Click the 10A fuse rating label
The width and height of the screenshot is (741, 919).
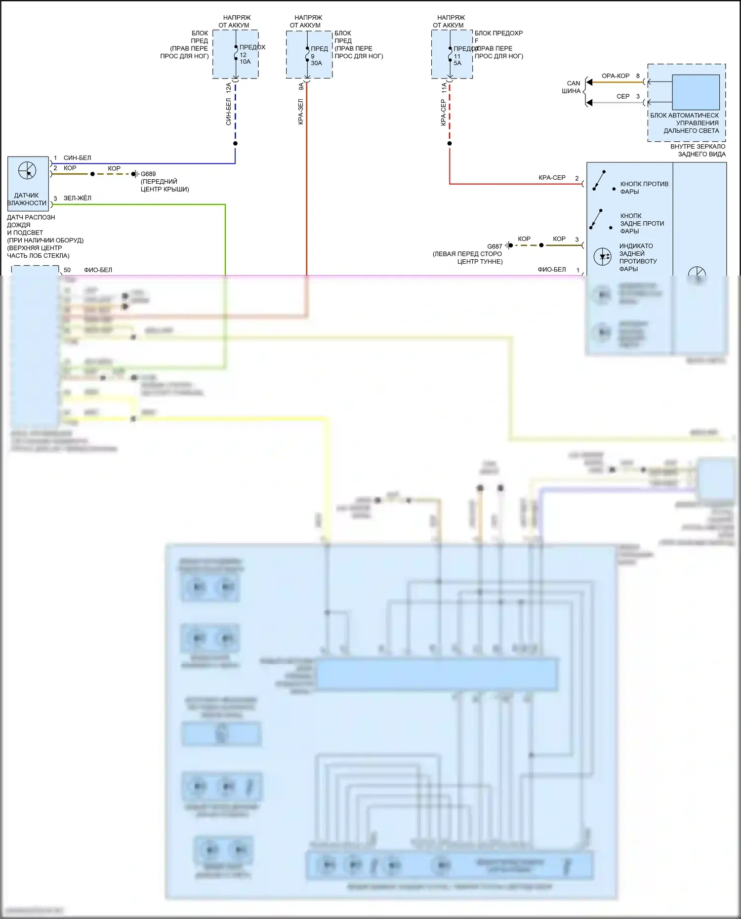(x=245, y=62)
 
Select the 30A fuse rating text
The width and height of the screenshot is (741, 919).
(x=316, y=63)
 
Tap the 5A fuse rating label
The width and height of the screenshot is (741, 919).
(x=457, y=63)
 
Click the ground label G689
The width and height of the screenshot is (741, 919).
(x=148, y=174)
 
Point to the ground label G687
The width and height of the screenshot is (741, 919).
(x=494, y=246)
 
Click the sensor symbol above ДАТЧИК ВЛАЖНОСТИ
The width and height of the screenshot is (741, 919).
(x=27, y=171)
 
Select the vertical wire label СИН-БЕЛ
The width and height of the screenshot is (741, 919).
(x=228, y=112)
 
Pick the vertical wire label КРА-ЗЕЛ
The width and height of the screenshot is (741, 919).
(x=300, y=112)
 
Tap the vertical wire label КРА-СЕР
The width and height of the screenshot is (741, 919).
(x=443, y=113)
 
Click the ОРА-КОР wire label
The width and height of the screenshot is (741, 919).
(x=615, y=76)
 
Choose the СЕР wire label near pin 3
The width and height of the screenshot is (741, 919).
(x=623, y=96)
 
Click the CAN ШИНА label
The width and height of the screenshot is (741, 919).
(x=572, y=87)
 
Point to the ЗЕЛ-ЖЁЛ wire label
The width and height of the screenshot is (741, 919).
(x=77, y=198)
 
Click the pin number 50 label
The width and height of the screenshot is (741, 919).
(x=67, y=270)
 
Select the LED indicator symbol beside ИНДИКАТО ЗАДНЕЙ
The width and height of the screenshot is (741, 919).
(x=602, y=256)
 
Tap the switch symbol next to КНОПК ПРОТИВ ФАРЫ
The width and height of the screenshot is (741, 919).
(x=599, y=181)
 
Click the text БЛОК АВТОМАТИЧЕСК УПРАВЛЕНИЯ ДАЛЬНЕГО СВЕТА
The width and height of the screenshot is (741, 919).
(x=685, y=123)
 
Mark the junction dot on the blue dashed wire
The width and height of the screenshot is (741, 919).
(x=235, y=143)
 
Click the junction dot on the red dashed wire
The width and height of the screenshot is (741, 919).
(x=450, y=143)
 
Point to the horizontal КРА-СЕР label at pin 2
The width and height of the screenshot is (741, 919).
(x=551, y=178)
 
